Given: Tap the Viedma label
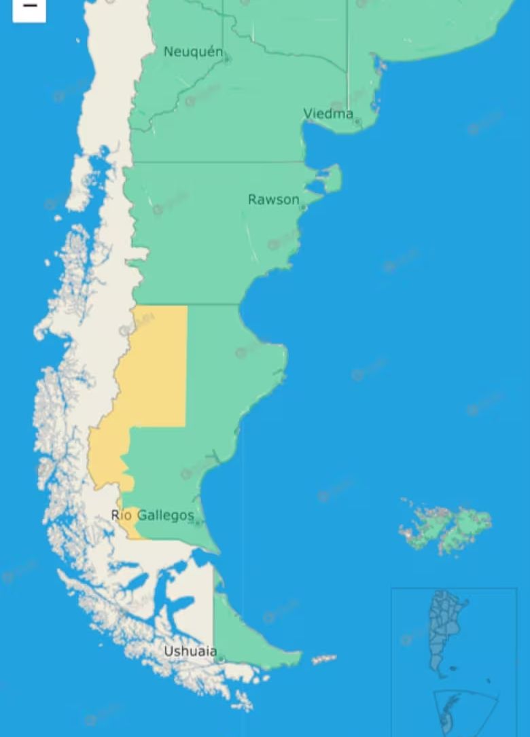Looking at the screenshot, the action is tap(328, 113).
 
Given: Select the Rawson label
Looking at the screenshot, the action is tap(273, 199).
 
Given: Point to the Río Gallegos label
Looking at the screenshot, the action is tap(153, 516).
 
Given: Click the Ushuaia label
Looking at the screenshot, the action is tap(190, 651).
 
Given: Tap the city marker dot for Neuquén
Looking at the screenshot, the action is tap(227, 59).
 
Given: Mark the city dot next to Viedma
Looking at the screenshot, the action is tap(357, 122).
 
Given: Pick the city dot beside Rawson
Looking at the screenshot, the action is tap(303, 206).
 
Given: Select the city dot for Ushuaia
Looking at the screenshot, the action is tap(220, 658).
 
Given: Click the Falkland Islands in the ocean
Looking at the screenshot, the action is tap(448, 527).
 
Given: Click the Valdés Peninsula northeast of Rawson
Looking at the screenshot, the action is tap(332, 179).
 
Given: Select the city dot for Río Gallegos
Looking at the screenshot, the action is tap(198, 523).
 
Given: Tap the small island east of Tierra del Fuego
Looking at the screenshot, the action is tap(324, 659).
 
